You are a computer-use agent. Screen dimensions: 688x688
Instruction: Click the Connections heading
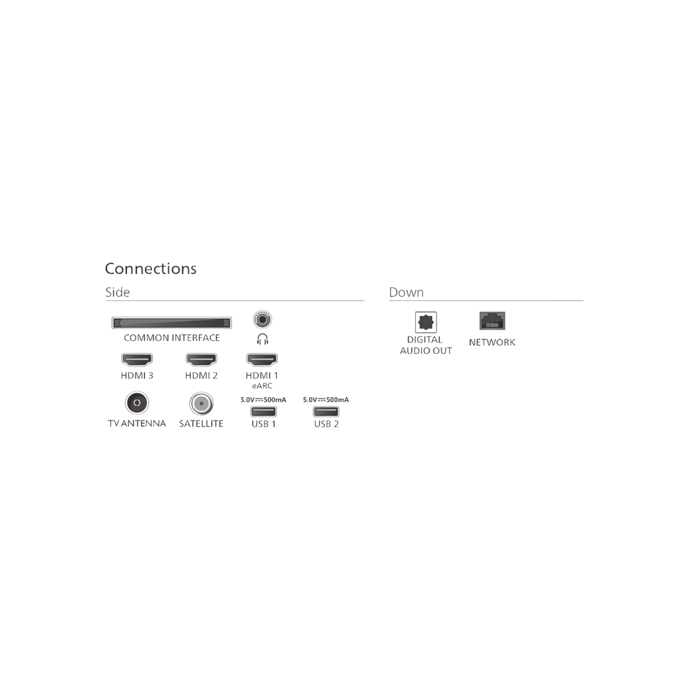[151, 268]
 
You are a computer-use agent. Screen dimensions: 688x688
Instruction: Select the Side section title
[118, 292]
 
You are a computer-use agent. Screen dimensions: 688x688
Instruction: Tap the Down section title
[407, 292]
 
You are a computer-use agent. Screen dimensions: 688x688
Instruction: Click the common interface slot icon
[171, 323]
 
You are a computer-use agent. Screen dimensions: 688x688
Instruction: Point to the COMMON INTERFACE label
[171, 338]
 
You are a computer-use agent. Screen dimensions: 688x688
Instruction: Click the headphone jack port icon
[263, 320]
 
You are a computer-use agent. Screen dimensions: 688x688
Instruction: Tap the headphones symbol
[263, 339]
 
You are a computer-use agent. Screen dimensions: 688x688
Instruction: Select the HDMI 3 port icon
[137, 360]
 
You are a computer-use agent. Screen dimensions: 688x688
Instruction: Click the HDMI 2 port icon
[201, 360]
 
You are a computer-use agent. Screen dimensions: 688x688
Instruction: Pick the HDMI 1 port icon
[262, 360]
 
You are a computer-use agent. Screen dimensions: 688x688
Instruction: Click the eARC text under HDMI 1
[262, 386]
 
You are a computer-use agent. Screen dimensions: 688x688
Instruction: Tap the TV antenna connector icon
[137, 403]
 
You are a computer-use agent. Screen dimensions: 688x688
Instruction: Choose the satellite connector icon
[201, 403]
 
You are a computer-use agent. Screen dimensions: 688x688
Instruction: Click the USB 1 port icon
[263, 412]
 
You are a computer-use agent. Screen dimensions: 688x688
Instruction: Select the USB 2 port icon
[326, 412]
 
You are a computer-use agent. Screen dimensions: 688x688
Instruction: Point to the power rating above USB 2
[326, 400]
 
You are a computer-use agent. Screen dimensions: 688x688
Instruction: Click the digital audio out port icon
[425, 322]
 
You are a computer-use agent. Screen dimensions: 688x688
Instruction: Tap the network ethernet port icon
[492, 321]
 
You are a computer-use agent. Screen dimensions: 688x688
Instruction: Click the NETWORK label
[492, 342]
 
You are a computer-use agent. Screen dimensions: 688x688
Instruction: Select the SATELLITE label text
[201, 424]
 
